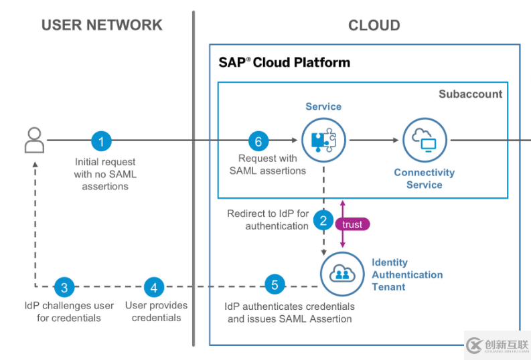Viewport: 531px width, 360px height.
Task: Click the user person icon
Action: coord(34,141)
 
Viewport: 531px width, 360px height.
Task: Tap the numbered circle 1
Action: coord(102,141)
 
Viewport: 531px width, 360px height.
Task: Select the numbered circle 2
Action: coord(323,219)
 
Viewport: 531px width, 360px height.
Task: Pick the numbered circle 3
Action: coord(64,287)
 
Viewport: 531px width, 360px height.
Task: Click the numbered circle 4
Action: coord(155,287)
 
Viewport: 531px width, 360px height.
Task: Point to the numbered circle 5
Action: coord(275,284)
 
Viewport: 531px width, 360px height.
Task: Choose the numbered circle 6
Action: coord(258,141)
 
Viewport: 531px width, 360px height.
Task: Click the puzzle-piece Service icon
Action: coord(323,140)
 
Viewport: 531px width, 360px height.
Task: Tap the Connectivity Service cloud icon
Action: coord(425,141)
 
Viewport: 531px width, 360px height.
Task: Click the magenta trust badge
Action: coord(352,225)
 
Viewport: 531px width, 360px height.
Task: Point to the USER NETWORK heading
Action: coord(102,25)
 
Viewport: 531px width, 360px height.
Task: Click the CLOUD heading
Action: coord(374,26)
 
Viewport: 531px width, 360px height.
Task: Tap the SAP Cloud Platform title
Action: coord(284,63)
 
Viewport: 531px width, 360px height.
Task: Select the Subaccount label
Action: coord(470,94)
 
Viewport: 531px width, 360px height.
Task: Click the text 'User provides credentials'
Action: coord(156,311)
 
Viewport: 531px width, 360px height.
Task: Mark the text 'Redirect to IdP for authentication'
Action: coord(268,219)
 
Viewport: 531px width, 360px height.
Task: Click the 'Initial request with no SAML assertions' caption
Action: coord(105,174)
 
